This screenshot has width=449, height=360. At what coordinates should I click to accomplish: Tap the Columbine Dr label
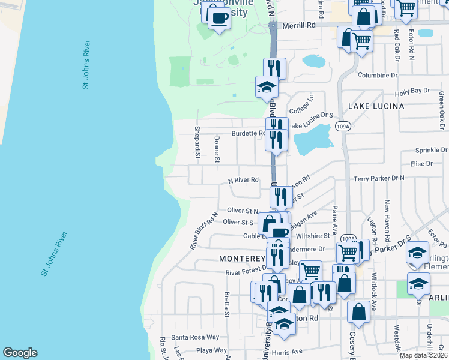378,75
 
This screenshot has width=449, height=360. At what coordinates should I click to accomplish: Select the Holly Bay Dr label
412,91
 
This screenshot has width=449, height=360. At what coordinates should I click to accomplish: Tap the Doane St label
217,149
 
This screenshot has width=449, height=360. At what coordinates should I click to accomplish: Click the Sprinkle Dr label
431,151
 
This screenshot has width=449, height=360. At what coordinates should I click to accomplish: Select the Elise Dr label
421,164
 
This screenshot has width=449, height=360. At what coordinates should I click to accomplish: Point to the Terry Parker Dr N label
379,178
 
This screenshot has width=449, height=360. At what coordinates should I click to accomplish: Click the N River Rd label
243,179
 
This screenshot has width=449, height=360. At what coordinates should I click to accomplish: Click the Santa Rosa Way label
196,337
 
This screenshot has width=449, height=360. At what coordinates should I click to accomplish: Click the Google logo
19,353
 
